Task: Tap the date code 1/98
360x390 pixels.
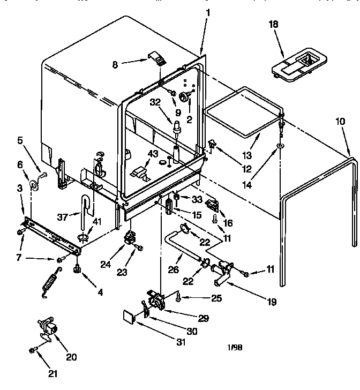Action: click(x=235, y=347)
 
